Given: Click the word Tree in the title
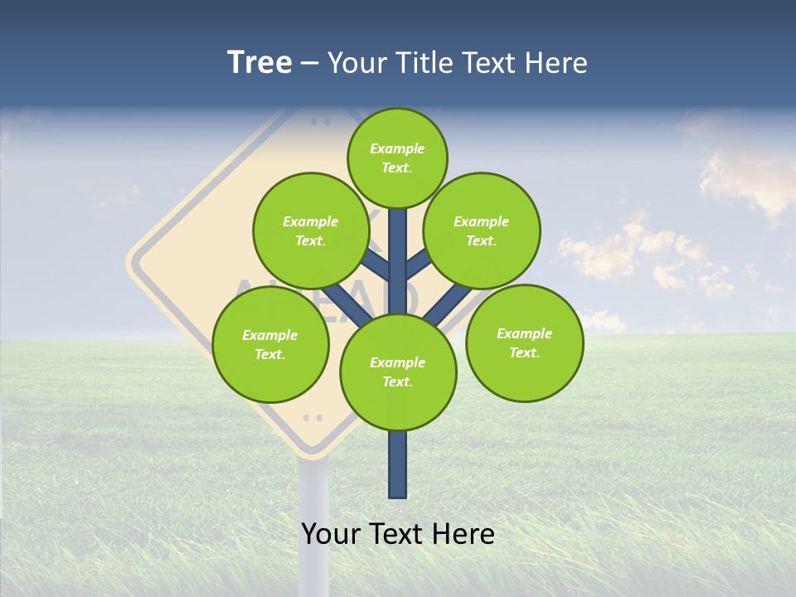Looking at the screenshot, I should pyautogui.click(x=260, y=63).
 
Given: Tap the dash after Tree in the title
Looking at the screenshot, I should pyautogui.click(x=309, y=65).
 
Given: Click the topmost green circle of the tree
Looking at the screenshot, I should pyautogui.click(x=397, y=158).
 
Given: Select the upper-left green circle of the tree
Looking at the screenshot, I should pyautogui.click(x=310, y=231).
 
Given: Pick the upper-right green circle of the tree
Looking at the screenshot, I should pyautogui.click(x=481, y=231).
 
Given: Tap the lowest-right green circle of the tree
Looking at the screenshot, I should pyautogui.click(x=524, y=342).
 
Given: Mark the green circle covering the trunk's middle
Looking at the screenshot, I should pyautogui.click(x=398, y=371).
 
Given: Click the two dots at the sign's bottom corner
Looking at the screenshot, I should pyautogui.click(x=313, y=417).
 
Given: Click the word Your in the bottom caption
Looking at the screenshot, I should pyautogui.click(x=331, y=534).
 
